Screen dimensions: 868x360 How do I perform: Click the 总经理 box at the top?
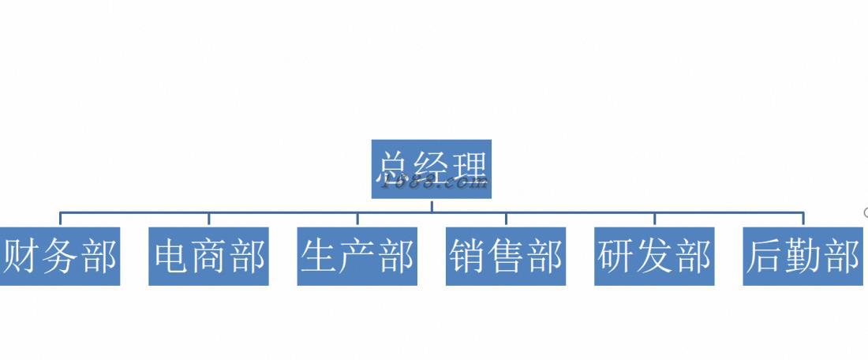[431, 169]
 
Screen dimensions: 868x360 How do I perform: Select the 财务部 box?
[59, 257]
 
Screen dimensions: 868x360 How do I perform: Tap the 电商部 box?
[208, 257]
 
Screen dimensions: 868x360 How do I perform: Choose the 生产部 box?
[357, 257]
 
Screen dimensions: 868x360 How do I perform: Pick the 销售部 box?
[506, 257]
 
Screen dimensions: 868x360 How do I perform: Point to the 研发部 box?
[654, 257]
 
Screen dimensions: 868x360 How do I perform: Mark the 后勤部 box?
[803, 257]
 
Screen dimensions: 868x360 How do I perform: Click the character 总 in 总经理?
[395, 168]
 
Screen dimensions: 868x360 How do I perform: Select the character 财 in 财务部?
[22, 257]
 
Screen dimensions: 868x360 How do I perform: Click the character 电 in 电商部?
[171, 257]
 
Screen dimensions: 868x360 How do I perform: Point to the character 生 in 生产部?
[320, 257]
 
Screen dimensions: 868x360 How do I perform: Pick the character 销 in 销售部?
[468, 257]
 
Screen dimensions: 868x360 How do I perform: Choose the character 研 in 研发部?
[616, 257]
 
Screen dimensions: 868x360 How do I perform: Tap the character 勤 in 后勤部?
[803, 257]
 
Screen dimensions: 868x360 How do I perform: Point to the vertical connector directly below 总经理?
[432, 205]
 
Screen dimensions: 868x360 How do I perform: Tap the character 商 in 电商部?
[208, 257]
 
